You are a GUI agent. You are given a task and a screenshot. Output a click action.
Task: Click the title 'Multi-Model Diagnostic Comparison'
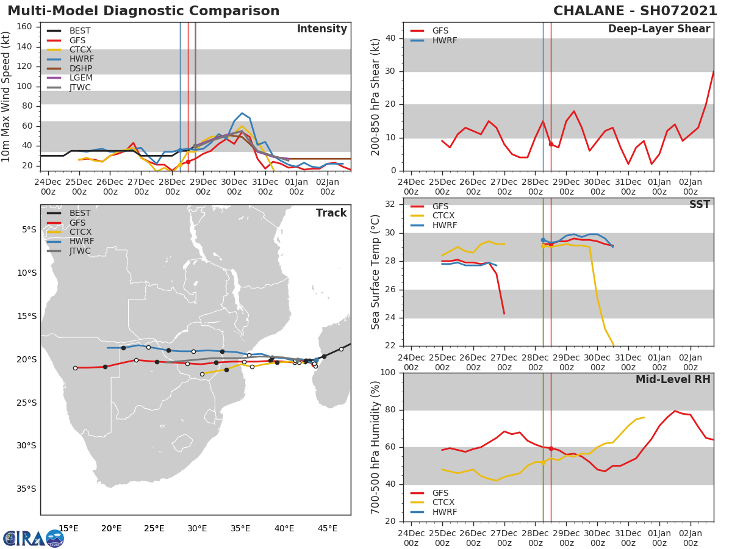(x=143, y=11)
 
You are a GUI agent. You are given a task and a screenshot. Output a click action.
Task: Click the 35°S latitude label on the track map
(x=26, y=489)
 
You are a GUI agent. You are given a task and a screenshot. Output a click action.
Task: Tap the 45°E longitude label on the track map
(x=328, y=528)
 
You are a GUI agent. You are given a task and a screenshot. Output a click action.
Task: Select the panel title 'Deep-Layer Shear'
(x=659, y=29)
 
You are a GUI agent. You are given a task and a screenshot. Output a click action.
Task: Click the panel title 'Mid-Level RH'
(x=673, y=379)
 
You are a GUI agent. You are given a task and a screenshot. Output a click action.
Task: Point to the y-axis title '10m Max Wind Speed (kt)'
(x=7, y=96)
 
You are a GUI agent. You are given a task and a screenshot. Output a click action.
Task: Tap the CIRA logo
(x=34, y=539)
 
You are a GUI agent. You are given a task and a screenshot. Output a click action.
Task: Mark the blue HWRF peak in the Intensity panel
(x=242, y=113)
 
